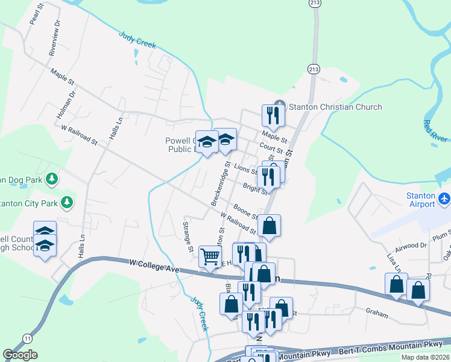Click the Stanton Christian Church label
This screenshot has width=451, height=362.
click(335, 107)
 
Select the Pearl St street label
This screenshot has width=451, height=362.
click(36, 15)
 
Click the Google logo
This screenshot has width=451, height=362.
click(20, 354)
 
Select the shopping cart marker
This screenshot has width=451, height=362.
click(210, 256)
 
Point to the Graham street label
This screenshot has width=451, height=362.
click(377, 313)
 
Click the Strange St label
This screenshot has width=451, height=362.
click(188, 237)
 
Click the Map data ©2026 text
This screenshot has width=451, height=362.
click(424, 357)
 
